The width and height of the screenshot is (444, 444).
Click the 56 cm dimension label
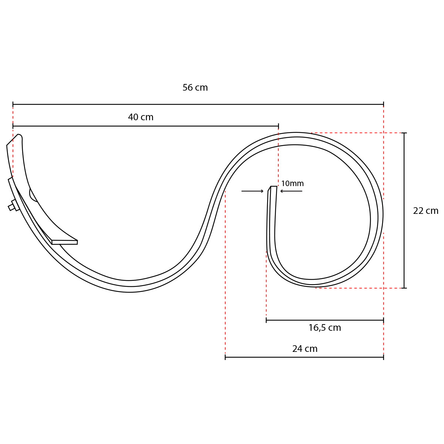click(x=195, y=88)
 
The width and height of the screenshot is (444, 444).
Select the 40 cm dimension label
click(x=141, y=117)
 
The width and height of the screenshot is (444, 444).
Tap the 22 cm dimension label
click(x=425, y=211)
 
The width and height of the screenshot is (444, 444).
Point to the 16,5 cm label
click(x=324, y=328)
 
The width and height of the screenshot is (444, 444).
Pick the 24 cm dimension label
click(x=305, y=349)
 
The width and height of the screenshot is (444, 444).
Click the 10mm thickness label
click(x=292, y=184)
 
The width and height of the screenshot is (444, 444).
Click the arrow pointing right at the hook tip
click(x=253, y=191)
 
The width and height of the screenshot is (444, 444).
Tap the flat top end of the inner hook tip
click(x=273, y=187)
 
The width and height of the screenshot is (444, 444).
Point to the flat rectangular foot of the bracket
click(x=65, y=242)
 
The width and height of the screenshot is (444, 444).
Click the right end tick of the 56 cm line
click(x=383, y=104)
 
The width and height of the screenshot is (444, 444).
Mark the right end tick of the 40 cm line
click(x=278, y=126)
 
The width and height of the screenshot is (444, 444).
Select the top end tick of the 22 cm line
click(x=404, y=133)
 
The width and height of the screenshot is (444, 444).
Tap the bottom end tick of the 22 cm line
click(x=404, y=288)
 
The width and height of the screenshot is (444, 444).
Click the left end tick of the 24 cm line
click(x=225, y=357)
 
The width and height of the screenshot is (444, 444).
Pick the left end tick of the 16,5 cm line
click(x=266, y=320)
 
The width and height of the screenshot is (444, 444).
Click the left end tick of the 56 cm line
click(x=13, y=104)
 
